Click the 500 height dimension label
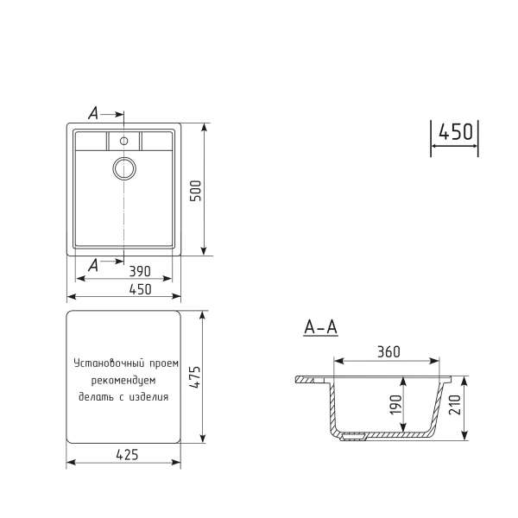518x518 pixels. (x=196, y=190)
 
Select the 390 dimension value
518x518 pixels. (x=127, y=271)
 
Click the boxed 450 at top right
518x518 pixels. (x=455, y=132)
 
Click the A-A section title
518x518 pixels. (x=320, y=328)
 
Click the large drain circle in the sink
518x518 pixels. (x=123, y=167)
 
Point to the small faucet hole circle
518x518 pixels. (x=123, y=140)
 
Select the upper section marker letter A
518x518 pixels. (x=93, y=112)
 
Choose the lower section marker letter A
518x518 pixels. (x=93, y=267)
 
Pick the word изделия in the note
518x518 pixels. (x=151, y=397)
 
